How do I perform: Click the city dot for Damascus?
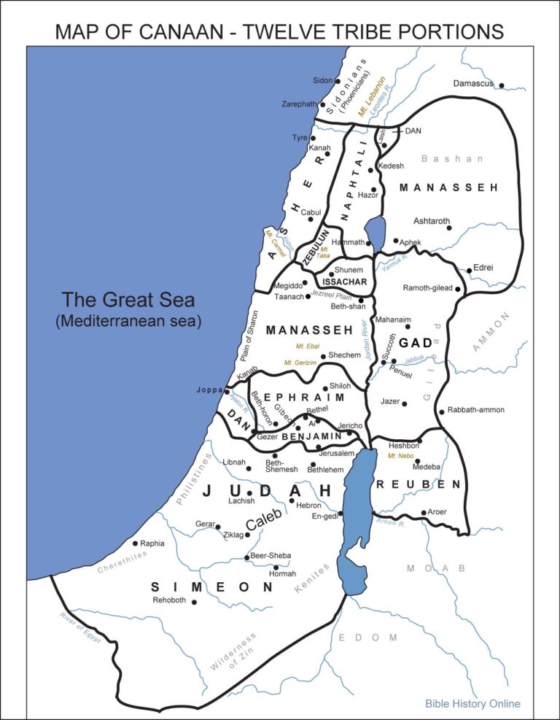(502, 85)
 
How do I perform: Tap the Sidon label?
(322, 80)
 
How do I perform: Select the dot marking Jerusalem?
(319, 447)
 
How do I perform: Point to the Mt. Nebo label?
(401, 456)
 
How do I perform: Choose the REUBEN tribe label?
(419, 484)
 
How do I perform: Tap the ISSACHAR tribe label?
(343, 282)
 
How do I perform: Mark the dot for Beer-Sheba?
(246, 558)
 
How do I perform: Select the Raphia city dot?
(135, 543)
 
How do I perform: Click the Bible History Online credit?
(472, 704)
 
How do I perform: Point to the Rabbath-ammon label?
(475, 410)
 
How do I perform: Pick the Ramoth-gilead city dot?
(458, 290)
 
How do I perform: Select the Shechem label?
(344, 355)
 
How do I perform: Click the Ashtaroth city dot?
(450, 228)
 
